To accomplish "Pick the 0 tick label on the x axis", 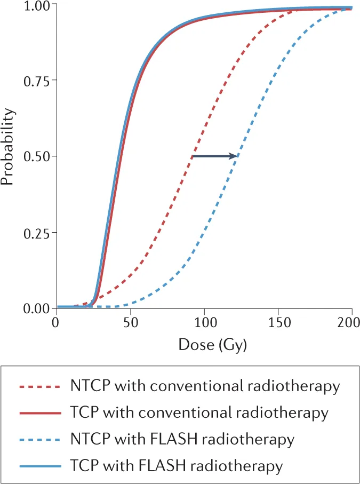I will tap(55, 323).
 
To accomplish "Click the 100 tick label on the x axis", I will tap(204, 323).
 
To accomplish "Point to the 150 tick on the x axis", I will tap(278, 323).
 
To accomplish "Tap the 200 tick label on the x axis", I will tap(351, 323).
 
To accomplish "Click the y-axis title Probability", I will tap(7, 146).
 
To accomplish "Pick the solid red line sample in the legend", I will tap(38, 413).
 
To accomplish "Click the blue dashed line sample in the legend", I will tap(38, 440).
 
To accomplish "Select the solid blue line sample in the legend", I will tap(38, 466).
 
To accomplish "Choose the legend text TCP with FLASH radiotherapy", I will tap(176, 466).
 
